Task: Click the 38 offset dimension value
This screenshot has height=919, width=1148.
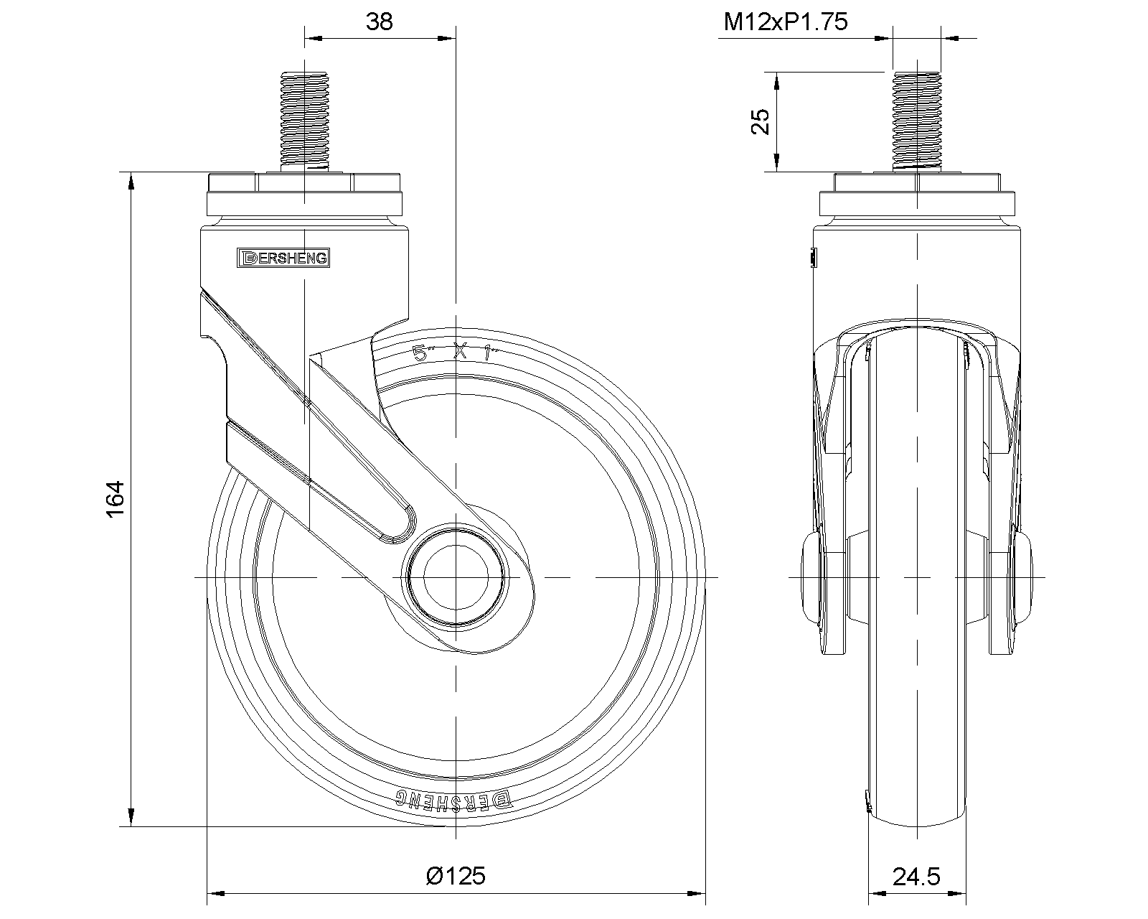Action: tap(380, 22)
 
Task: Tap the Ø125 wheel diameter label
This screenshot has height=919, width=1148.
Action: tap(455, 876)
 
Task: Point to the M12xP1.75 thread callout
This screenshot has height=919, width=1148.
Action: tap(785, 22)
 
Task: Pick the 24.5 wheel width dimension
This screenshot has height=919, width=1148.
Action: tap(916, 877)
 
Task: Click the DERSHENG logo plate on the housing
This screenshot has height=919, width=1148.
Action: tap(283, 258)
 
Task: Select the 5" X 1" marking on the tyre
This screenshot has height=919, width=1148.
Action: tap(455, 353)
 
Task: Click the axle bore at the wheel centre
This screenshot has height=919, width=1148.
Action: tap(454, 577)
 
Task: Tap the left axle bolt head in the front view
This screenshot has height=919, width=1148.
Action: tap(811, 577)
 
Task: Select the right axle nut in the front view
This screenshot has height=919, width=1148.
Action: tap(1025, 577)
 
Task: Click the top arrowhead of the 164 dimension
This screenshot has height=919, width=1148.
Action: tap(131, 179)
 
